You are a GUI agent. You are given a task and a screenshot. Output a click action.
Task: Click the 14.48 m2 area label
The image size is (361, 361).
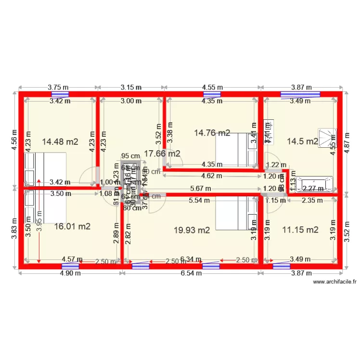(60, 142)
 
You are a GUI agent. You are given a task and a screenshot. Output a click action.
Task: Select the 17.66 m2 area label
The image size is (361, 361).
(162, 154)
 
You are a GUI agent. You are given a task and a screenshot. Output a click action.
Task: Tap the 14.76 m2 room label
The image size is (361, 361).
(212, 132)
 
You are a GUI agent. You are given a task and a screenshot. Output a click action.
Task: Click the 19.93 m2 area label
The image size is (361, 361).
(192, 230)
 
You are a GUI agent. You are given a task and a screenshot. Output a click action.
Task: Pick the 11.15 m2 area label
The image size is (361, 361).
(300, 230)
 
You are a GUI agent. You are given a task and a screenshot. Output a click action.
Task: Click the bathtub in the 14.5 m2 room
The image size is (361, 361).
(315, 183)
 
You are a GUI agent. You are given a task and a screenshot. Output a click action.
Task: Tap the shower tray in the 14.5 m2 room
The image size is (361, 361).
(327, 139)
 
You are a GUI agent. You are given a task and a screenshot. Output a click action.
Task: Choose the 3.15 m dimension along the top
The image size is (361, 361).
(131, 87)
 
